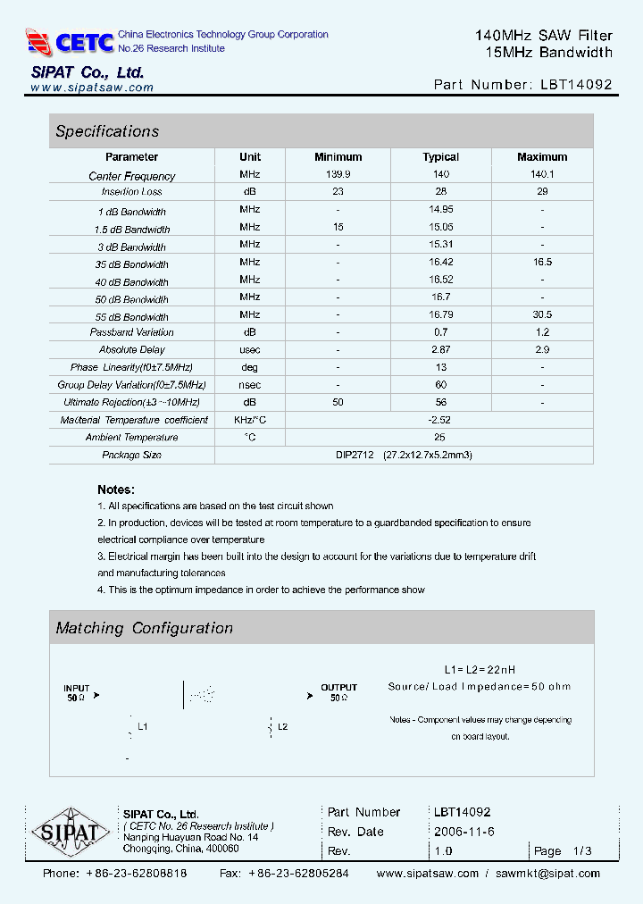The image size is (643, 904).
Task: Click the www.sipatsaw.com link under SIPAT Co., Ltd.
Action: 92,88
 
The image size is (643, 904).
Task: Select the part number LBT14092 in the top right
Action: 577,85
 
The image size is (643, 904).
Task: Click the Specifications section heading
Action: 107,131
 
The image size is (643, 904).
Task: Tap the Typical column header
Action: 440,157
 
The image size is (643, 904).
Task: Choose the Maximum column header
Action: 542,157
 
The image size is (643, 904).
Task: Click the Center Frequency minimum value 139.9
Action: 338,175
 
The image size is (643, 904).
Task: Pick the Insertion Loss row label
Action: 132,192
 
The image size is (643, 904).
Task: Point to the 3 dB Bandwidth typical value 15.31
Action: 440,245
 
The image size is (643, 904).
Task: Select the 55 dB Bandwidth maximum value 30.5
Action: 542,314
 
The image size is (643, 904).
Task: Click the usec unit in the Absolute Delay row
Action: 250,349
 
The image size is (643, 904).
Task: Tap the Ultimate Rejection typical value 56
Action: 440,402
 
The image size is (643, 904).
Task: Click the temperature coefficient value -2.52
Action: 440,420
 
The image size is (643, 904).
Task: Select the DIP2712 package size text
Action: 355,455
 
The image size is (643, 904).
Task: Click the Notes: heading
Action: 116,490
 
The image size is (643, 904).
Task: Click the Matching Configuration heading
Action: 145,628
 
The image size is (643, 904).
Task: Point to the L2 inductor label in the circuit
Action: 282,727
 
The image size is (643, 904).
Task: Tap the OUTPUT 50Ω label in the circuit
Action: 338,692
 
